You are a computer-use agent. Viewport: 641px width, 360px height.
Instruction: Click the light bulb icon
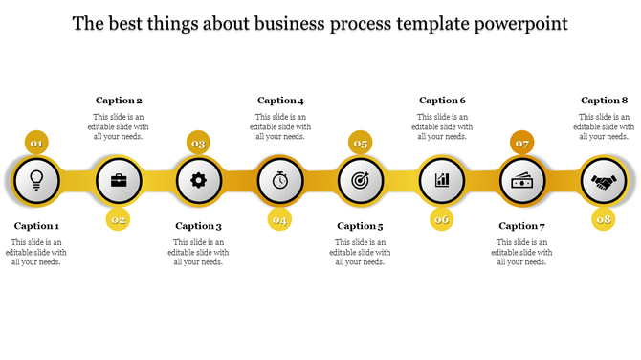(x=37, y=179)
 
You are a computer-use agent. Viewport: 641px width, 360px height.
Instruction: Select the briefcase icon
(x=119, y=179)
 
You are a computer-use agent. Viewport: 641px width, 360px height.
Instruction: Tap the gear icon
(x=199, y=179)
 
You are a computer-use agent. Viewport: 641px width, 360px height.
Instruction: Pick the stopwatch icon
(x=279, y=179)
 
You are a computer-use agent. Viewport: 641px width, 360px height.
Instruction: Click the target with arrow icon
(x=361, y=179)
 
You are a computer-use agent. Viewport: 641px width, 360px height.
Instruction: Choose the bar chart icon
(x=442, y=179)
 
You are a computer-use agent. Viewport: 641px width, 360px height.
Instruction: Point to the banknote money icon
(x=522, y=179)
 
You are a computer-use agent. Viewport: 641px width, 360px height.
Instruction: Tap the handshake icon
(x=603, y=179)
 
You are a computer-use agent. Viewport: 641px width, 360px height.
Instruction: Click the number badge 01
(x=36, y=144)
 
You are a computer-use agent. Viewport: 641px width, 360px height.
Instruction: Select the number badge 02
(x=119, y=219)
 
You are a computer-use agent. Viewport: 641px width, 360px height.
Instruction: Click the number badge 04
(x=279, y=219)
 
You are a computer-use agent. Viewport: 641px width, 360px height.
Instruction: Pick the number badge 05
(x=361, y=144)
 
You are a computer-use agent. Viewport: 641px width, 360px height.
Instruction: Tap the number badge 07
(x=522, y=144)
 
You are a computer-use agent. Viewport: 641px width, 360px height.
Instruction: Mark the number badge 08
(x=604, y=219)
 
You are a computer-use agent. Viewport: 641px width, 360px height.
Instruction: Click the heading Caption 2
(x=120, y=101)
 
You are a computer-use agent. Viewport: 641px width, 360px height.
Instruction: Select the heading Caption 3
(x=199, y=227)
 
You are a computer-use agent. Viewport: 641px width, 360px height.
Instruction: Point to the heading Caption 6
(x=443, y=101)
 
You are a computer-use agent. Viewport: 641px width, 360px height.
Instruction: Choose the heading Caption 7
(x=522, y=227)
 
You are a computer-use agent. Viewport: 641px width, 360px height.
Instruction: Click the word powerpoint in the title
(x=518, y=23)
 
